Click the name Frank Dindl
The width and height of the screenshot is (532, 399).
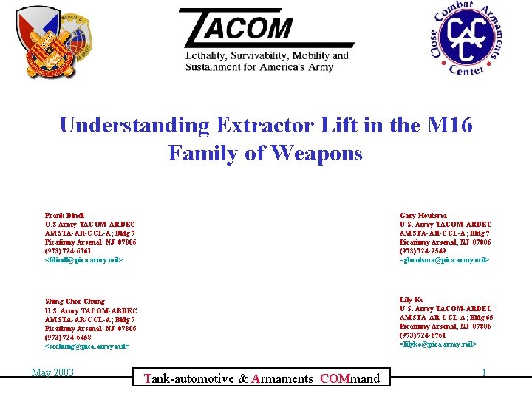point(64,216)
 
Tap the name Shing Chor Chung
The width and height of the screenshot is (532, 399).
point(75,301)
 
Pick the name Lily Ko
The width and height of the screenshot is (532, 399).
point(412,300)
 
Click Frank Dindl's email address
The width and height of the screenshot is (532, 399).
point(83,260)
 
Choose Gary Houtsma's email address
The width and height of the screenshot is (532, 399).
point(443,260)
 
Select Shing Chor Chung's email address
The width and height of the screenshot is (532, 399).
point(87,346)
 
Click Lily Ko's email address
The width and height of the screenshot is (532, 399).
point(437,344)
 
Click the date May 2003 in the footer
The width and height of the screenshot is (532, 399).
point(52,372)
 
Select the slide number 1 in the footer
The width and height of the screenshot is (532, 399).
point(484,372)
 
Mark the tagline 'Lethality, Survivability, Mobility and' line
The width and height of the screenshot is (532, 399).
point(267,56)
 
